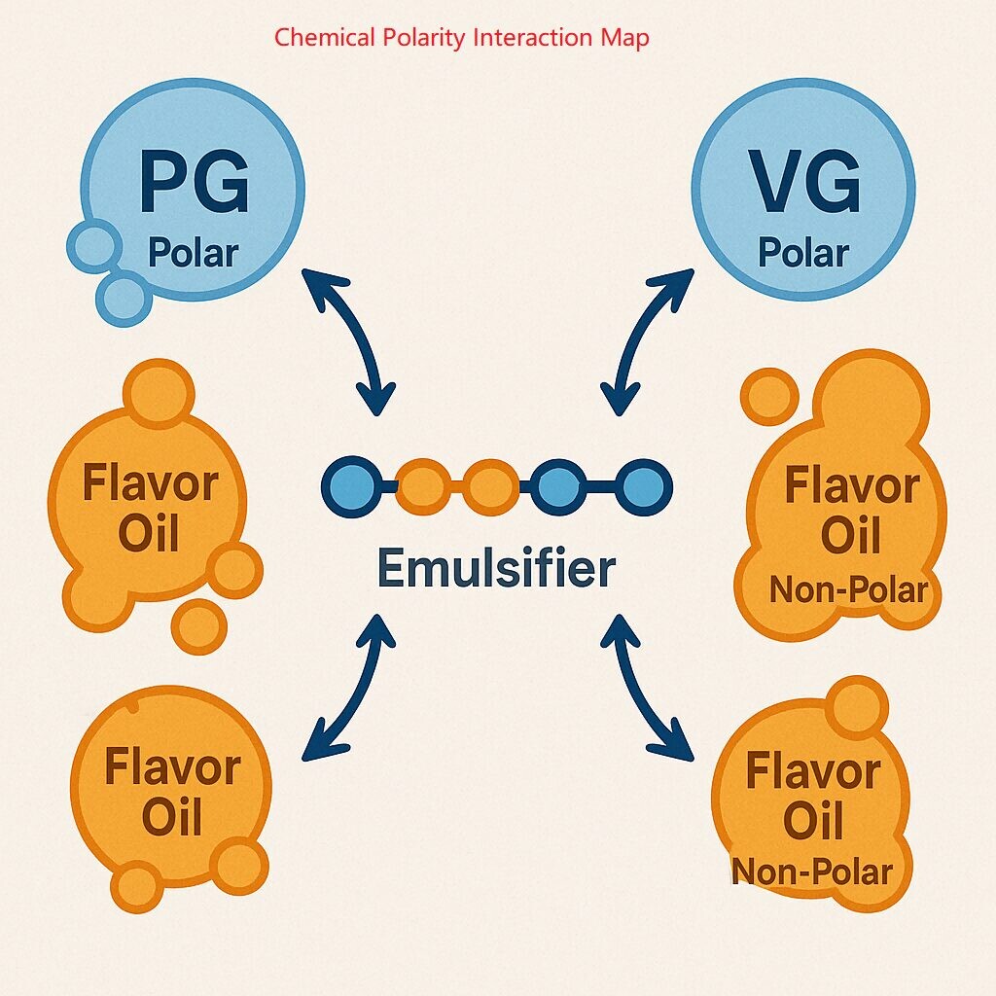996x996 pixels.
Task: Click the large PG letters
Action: point(195,182)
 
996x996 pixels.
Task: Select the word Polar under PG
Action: point(193,253)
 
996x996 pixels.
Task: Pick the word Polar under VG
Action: point(803,253)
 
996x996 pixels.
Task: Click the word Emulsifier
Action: point(495,568)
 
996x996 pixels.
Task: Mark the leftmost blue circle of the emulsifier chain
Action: point(347,483)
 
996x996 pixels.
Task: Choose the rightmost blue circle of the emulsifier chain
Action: point(641,483)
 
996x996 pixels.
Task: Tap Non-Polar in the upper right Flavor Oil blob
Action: point(848,589)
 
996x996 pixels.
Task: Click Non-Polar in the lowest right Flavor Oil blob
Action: point(811,871)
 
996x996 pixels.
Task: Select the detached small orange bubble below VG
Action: point(769,396)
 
